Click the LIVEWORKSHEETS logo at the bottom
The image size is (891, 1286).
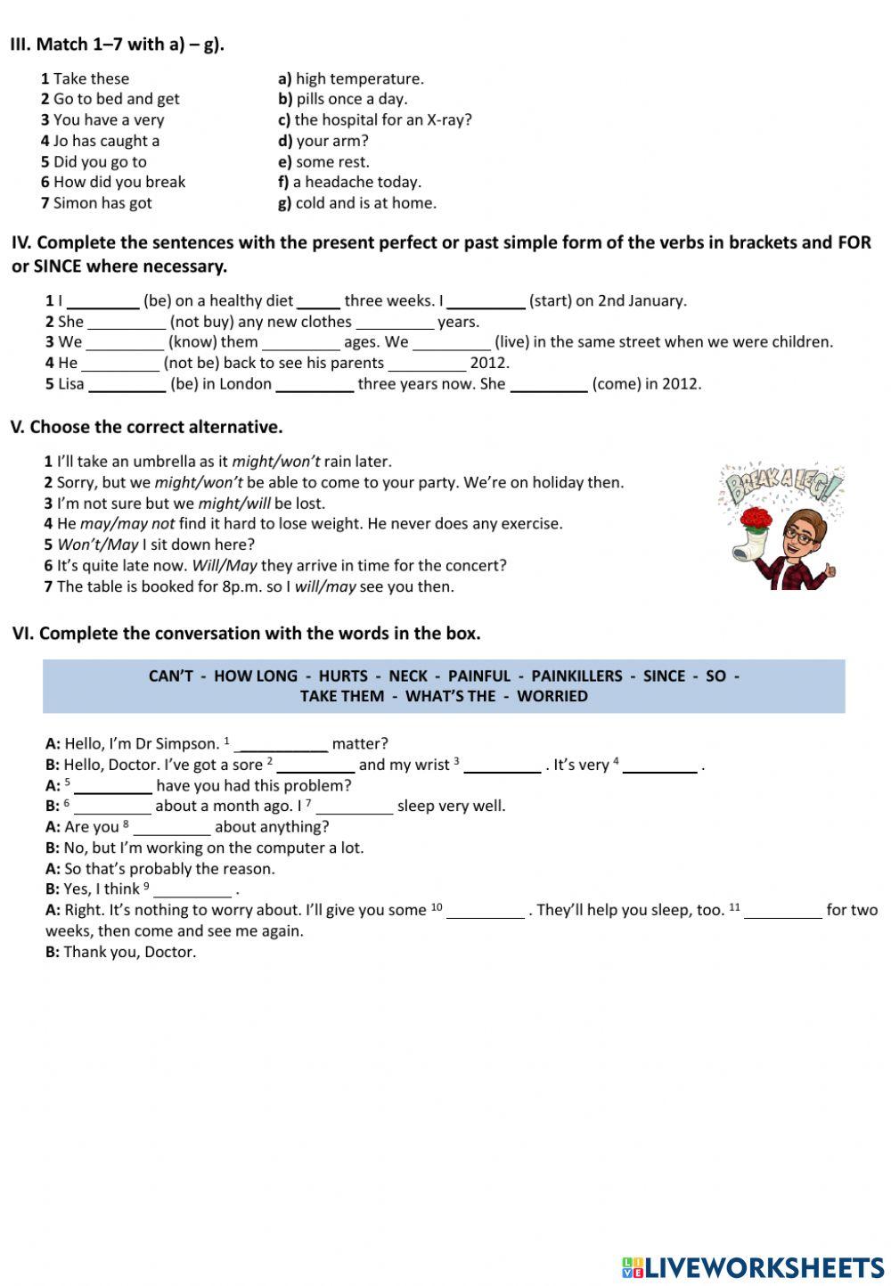(x=753, y=1267)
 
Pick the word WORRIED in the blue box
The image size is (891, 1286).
(x=552, y=696)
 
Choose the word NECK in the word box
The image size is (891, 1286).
(x=408, y=676)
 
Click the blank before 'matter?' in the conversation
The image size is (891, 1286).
(x=283, y=744)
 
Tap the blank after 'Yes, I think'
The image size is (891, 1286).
(x=192, y=889)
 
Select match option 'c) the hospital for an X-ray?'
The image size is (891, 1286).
(x=374, y=119)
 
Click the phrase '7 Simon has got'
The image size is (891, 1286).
(x=96, y=202)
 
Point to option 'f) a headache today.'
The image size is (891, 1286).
(x=349, y=182)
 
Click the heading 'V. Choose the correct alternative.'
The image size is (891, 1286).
(x=146, y=427)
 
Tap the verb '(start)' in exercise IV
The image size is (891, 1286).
(x=550, y=300)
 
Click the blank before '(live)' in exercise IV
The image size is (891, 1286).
(x=451, y=342)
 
